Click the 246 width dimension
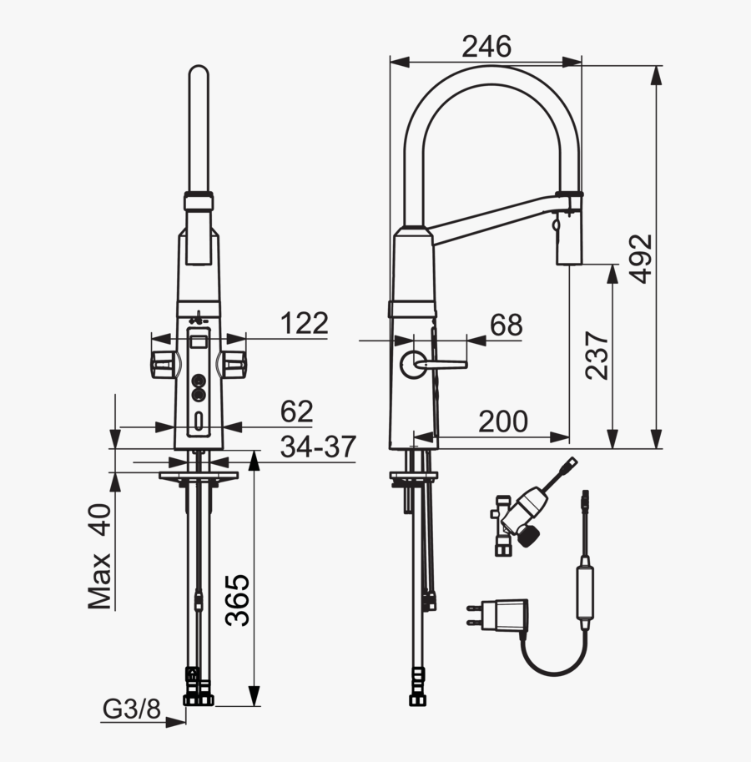pos(486,48)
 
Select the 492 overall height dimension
pos(641,259)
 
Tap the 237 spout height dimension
pos(597,356)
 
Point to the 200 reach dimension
pos(502,422)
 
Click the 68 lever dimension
pos(506,325)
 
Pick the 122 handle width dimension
pos(304,323)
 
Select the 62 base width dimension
pos(296,411)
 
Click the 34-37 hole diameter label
pos(318,447)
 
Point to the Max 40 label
pos(101,557)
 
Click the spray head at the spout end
pos(568,238)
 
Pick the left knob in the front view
pos(164,363)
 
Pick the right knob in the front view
pos(233,363)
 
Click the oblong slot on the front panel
pos(199,422)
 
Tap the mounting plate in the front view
pos(199,476)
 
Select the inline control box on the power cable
pos(587,592)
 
